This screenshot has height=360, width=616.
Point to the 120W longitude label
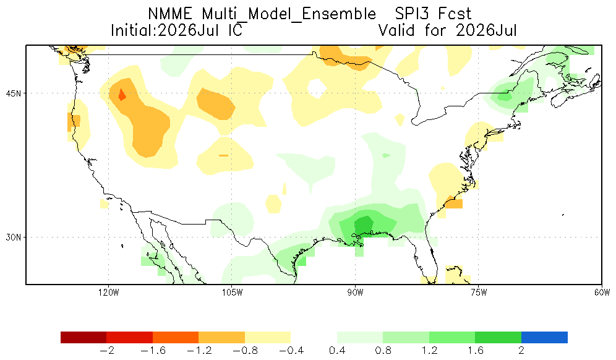coord(109,293)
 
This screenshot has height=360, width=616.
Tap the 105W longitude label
coord(232,293)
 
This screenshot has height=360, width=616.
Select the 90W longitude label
coord(356,293)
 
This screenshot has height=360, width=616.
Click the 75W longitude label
coord(479,293)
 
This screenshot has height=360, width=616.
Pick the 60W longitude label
coord(602,293)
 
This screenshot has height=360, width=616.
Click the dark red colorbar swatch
coord(83,338)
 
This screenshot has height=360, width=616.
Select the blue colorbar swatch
coord(544,338)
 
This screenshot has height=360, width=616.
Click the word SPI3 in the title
coord(411,14)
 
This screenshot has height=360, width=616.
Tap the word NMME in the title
coord(170,14)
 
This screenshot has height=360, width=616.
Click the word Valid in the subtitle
coord(396,30)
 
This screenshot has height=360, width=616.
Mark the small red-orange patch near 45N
coord(122,95)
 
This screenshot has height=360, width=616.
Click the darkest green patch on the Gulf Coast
coord(364,226)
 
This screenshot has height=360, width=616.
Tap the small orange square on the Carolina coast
coord(454,204)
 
